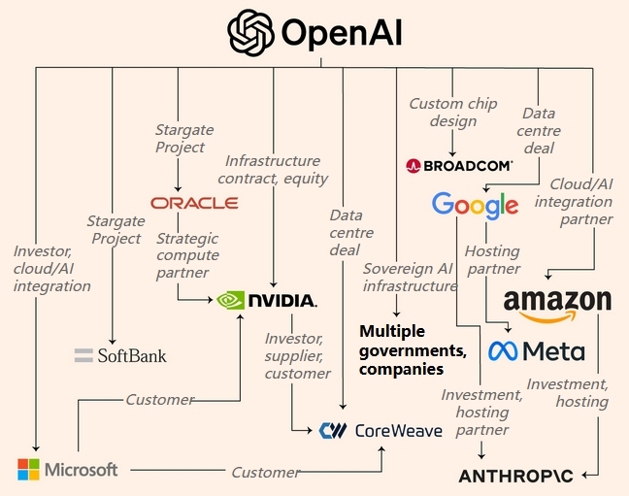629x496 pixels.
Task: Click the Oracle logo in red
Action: [x=194, y=202]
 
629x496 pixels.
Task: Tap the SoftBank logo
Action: [x=120, y=355]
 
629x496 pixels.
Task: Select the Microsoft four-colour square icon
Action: [x=30, y=469]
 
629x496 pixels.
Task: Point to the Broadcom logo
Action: [x=459, y=166]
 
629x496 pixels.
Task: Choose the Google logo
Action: [x=475, y=205]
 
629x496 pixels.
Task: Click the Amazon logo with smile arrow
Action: [x=557, y=304]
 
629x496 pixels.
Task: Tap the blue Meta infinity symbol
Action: [x=504, y=350]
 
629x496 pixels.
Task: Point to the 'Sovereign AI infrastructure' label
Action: [x=409, y=277]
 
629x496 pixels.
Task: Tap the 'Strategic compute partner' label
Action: [x=188, y=255]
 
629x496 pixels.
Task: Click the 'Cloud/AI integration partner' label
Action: [x=580, y=201]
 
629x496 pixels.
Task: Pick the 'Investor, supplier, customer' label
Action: [x=298, y=355]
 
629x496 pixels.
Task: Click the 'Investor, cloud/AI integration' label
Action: [x=51, y=269]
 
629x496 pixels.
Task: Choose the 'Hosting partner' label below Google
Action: [x=492, y=260]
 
